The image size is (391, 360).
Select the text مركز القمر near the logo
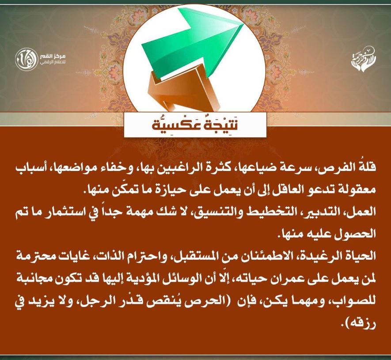point(53,56)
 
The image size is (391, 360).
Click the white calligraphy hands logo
point(364,59)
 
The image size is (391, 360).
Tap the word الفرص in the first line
point(339,167)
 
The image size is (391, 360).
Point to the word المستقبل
point(197,256)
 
